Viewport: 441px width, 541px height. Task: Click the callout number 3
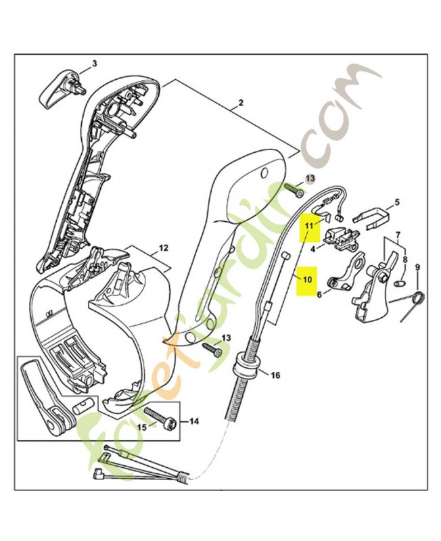pos(94,64)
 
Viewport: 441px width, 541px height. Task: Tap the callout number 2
pos(241,103)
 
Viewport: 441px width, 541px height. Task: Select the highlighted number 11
pos(308,226)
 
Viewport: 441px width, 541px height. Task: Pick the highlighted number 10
pos(307,279)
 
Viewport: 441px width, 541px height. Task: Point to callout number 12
pos(164,248)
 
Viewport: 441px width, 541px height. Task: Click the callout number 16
pos(275,375)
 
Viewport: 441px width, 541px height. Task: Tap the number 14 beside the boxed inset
pos(194,421)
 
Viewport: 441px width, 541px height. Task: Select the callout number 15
pos(142,427)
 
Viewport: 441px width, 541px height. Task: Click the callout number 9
pos(417,266)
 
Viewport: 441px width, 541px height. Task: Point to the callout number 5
pos(397,202)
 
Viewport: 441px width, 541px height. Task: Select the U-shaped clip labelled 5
pos(371,217)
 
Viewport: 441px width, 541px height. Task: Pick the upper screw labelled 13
pos(294,189)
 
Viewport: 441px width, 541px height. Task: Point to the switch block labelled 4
pos(341,239)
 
